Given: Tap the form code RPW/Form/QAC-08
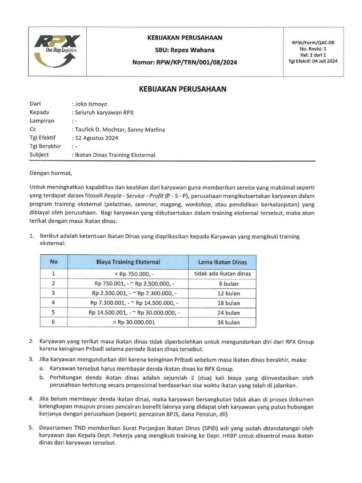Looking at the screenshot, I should click(x=316, y=42).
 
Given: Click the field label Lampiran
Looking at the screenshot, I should click(x=42, y=120).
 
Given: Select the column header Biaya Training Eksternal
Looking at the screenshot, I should click(x=128, y=262).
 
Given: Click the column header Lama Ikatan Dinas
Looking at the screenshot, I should click(x=222, y=262).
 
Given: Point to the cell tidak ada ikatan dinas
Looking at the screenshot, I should click(x=222, y=274).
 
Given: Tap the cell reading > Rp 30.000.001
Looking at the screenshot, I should click(x=134, y=323).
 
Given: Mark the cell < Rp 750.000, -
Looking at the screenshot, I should click(x=134, y=274).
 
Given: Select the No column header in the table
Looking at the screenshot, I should click(x=54, y=261).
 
